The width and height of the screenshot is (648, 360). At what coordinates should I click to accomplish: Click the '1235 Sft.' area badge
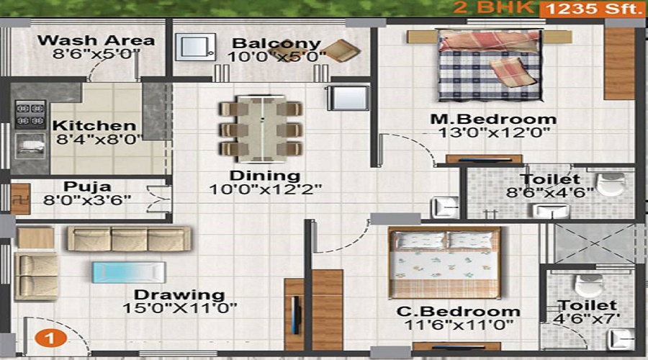tap(590, 9)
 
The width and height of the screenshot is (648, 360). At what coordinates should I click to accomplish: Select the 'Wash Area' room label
tap(96, 40)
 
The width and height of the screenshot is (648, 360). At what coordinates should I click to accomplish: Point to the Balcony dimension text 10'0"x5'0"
tap(274, 57)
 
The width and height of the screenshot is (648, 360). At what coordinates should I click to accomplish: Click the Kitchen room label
tap(94, 125)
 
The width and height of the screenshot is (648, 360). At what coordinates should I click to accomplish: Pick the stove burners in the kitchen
tap(30, 114)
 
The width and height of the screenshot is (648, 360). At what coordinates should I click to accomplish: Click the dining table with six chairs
tap(261, 128)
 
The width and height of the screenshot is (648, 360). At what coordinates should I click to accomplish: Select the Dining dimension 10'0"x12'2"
tap(266, 189)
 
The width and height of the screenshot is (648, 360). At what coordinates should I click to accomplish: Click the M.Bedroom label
tap(493, 119)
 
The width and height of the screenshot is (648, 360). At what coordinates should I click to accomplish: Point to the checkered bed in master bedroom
tap(489, 65)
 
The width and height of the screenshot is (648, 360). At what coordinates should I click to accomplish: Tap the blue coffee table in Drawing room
tap(129, 272)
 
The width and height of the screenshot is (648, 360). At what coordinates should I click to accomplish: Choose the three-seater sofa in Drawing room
tap(129, 238)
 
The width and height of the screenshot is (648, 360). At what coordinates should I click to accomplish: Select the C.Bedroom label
tap(459, 311)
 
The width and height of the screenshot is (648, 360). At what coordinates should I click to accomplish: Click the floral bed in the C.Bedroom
tap(444, 262)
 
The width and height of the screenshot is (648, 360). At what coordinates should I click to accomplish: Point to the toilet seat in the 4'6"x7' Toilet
tap(588, 284)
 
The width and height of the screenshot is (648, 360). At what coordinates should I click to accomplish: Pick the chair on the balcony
tap(341, 50)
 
